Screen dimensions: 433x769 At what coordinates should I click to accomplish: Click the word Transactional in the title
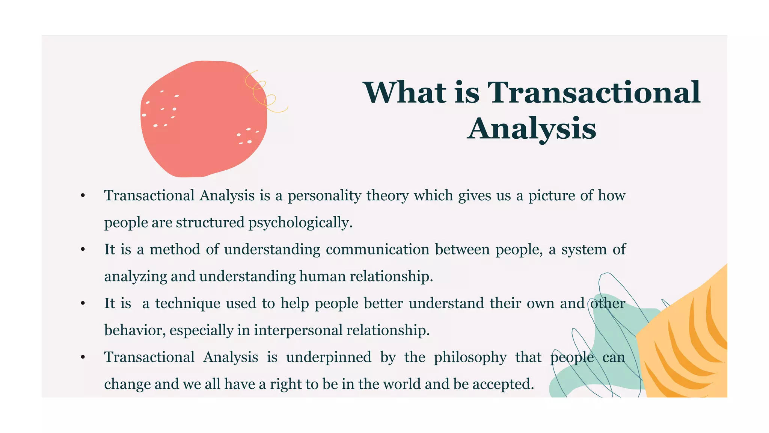[593, 92]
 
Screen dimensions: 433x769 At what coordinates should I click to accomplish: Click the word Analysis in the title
[531, 129]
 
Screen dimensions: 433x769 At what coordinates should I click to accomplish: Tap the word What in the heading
[405, 92]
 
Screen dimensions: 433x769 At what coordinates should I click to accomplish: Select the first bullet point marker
[83, 196]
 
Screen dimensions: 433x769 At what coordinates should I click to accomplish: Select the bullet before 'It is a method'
[83, 250]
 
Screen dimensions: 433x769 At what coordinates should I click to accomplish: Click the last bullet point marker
[83, 357]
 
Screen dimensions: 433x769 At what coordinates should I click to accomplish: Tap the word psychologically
[300, 223]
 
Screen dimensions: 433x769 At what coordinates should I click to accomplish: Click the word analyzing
[136, 277]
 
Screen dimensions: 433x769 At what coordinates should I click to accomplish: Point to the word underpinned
[329, 357]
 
